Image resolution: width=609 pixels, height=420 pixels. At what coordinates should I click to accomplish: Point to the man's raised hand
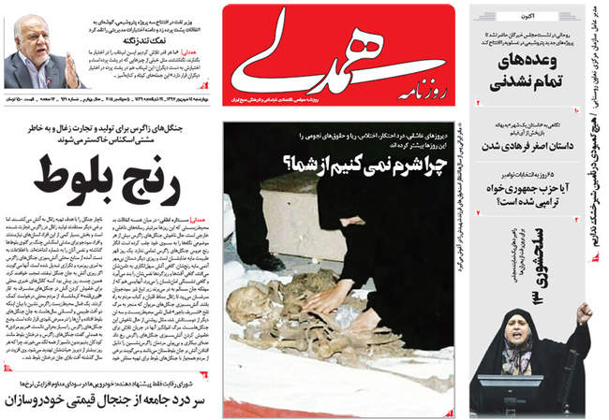[x=72, y=70]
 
